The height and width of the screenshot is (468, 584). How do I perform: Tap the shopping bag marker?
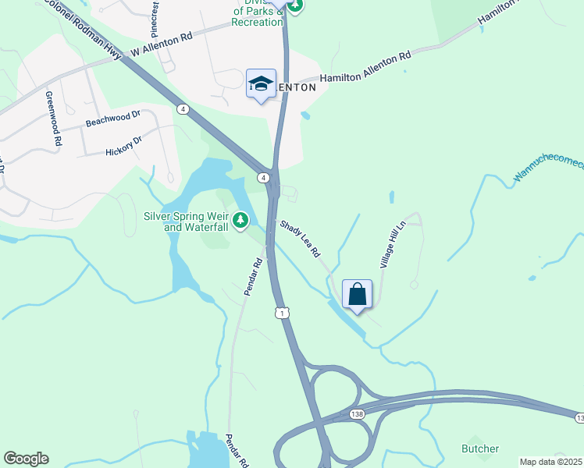click(x=357, y=295)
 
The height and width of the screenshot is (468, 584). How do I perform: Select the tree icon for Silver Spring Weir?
click(x=242, y=221)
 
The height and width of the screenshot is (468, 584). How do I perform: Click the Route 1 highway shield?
click(x=282, y=313)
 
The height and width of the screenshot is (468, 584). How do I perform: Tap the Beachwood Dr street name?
click(x=112, y=119)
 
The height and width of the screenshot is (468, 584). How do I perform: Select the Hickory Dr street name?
click(x=124, y=146)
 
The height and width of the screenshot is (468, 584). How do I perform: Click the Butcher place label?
click(x=480, y=448)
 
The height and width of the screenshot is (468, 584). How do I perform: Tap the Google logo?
click(x=26, y=459)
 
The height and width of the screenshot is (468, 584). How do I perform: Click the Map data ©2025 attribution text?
click(x=550, y=462)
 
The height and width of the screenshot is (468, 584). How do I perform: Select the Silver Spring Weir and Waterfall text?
click(x=195, y=222)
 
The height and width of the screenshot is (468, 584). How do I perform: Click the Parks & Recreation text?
click(x=258, y=16)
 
